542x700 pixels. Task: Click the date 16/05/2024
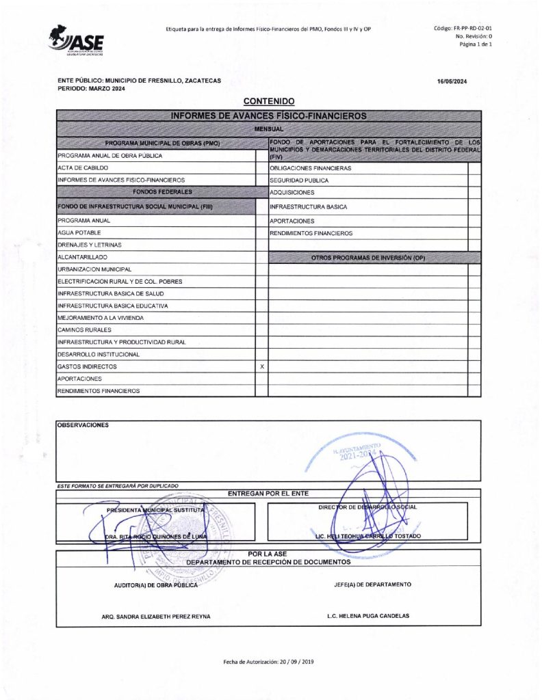click(x=452, y=82)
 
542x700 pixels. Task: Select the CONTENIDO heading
click(x=268, y=101)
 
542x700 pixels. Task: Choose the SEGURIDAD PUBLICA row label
click(x=299, y=180)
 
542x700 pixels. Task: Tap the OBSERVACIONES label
click(x=83, y=425)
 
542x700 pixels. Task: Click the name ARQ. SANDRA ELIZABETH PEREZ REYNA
click(x=156, y=617)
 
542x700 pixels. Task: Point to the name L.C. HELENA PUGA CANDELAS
click(x=368, y=616)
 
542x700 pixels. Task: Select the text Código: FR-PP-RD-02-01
click(x=463, y=28)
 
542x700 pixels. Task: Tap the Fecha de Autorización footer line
click(x=268, y=662)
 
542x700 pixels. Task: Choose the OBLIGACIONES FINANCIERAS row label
click(x=311, y=168)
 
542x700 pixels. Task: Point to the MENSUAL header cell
click(x=268, y=129)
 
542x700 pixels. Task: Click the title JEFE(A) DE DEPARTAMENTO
click(x=372, y=585)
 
